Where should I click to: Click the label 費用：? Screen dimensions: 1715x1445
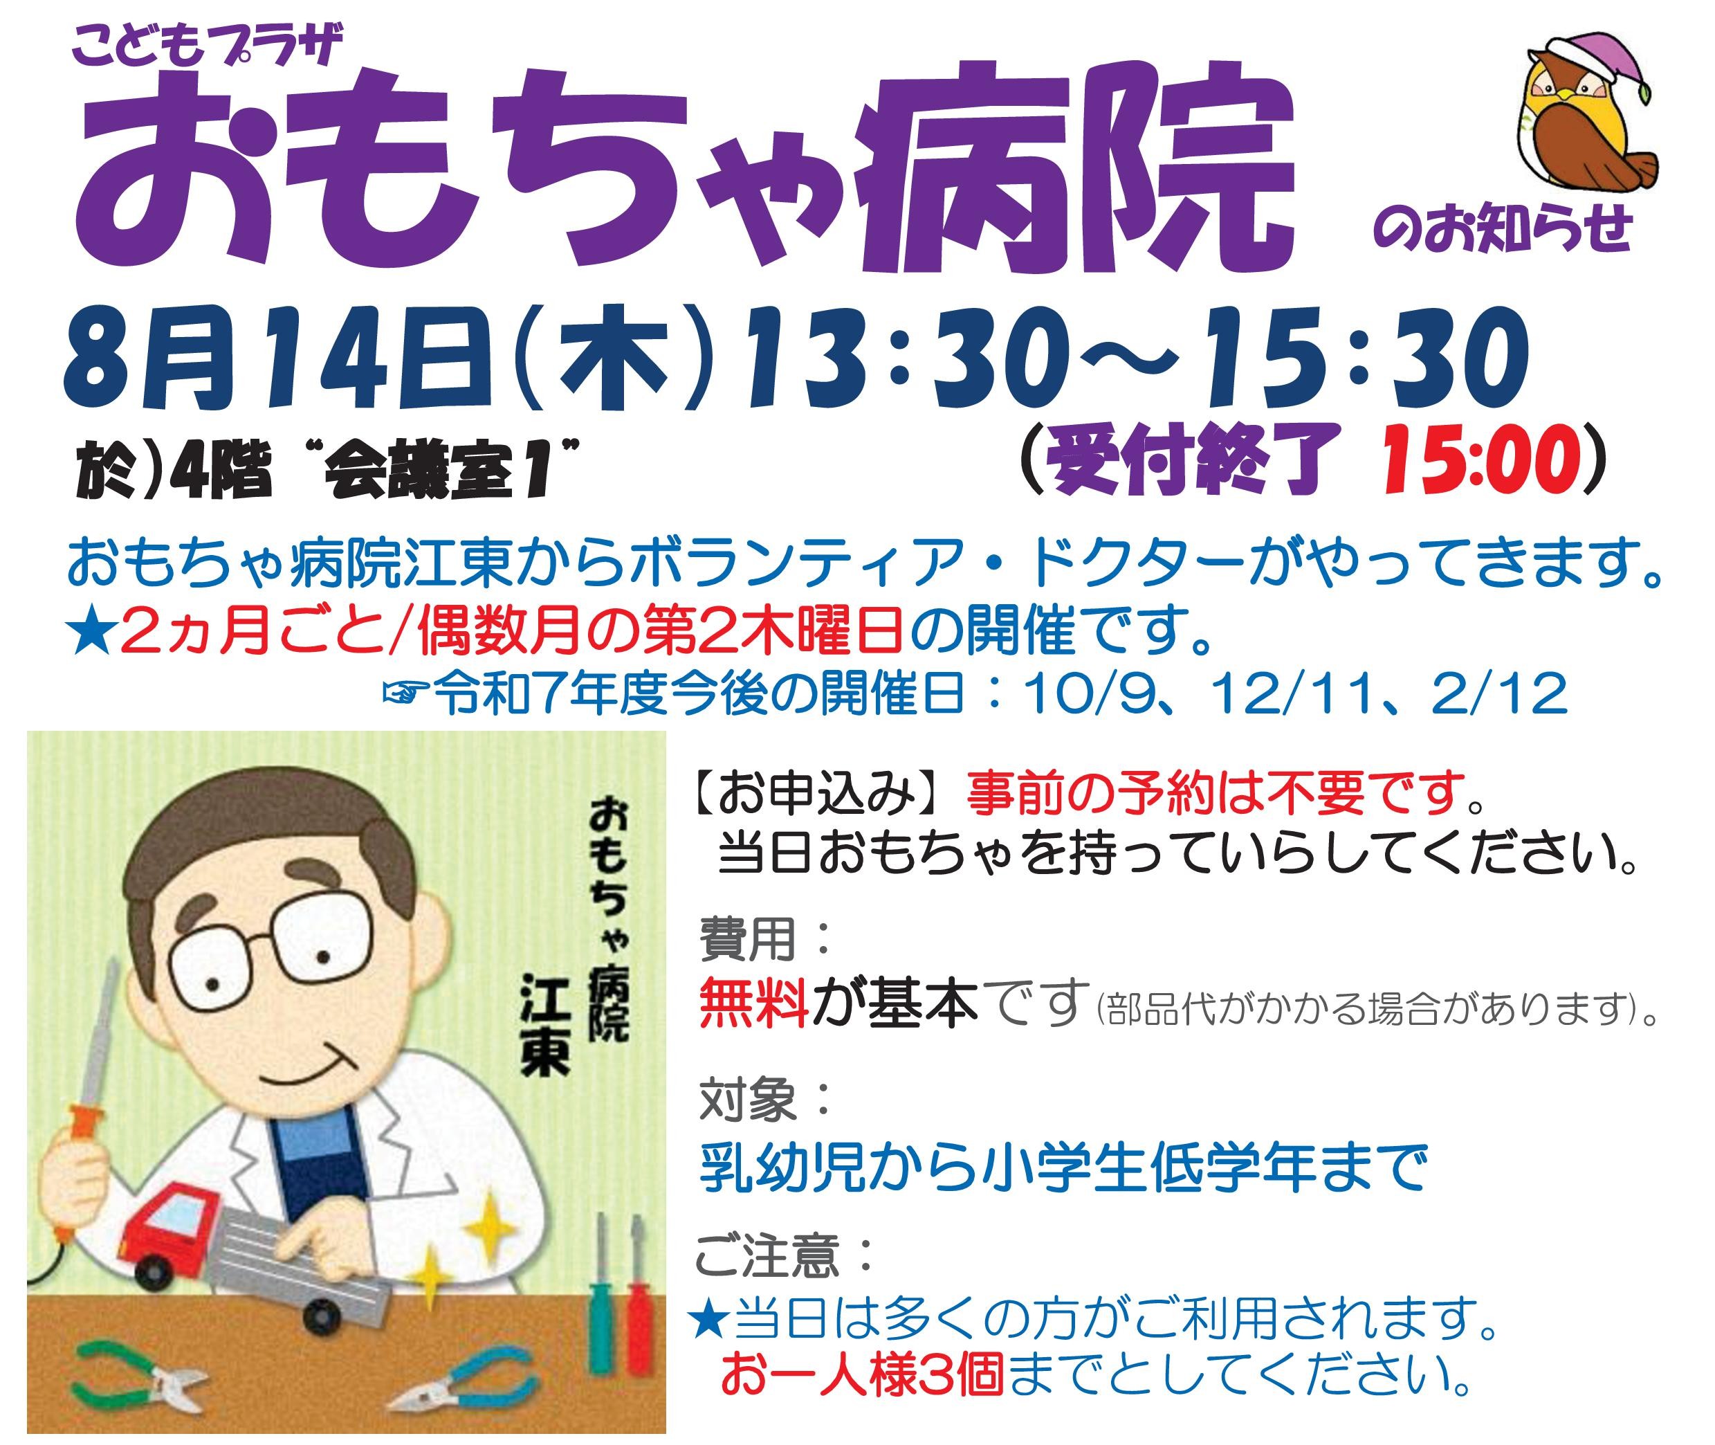766,938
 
